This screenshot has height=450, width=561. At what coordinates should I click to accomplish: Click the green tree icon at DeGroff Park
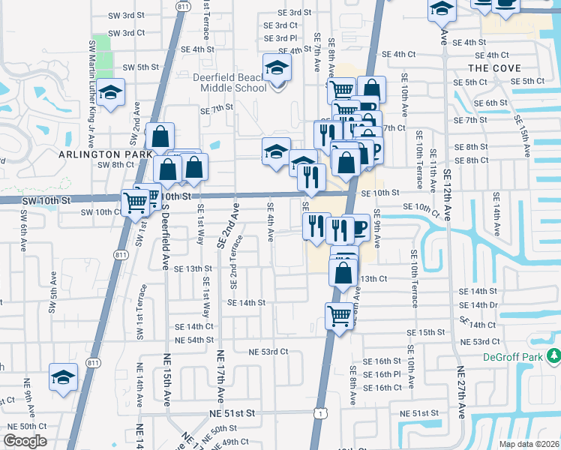point(553,355)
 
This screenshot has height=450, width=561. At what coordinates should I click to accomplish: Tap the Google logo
point(25,441)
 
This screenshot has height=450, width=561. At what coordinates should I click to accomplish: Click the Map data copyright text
point(529,444)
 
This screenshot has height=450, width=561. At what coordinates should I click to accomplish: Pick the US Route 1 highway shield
point(320,413)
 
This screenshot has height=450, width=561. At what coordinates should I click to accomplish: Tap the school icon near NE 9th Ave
point(64,377)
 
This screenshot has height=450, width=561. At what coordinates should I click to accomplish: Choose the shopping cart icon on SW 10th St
point(136,202)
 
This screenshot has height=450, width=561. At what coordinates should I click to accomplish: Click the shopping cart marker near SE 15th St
point(339,316)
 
